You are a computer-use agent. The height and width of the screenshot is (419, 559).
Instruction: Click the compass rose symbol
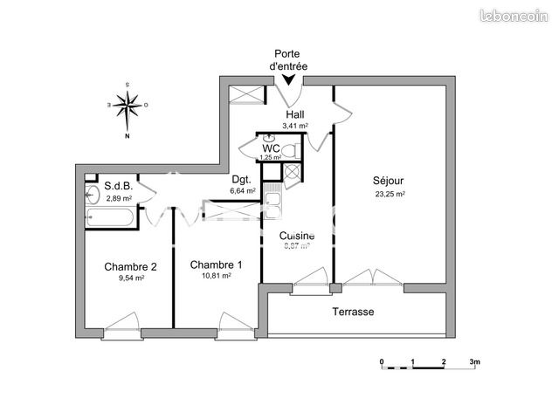(x=128, y=106)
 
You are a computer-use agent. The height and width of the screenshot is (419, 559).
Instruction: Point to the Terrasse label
(x=353, y=312)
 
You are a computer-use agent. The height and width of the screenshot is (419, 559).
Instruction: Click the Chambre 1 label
(x=216, y=264)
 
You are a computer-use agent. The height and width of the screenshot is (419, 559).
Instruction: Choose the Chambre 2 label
(x=130, y=266)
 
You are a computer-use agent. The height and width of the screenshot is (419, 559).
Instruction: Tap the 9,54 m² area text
(x=130, y=278)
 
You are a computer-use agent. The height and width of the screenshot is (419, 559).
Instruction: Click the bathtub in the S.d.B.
(x=109, y=217)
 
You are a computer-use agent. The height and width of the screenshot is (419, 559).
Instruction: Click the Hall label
(x=294, y=114)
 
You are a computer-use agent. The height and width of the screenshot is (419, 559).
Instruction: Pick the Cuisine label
(x=297, y=236)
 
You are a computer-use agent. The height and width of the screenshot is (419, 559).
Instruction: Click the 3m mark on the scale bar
(x=474, y=361)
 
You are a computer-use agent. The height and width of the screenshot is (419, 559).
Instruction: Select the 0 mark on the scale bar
(x=382, y=361)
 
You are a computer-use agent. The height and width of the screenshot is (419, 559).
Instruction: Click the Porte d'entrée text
(x=291, y=59)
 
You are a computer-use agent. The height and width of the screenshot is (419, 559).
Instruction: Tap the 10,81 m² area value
(x=216, y=276)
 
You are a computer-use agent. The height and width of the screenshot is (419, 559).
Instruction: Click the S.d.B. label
(x=118, y=185)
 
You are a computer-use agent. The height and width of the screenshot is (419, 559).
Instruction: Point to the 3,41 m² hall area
(x=294, y=126)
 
